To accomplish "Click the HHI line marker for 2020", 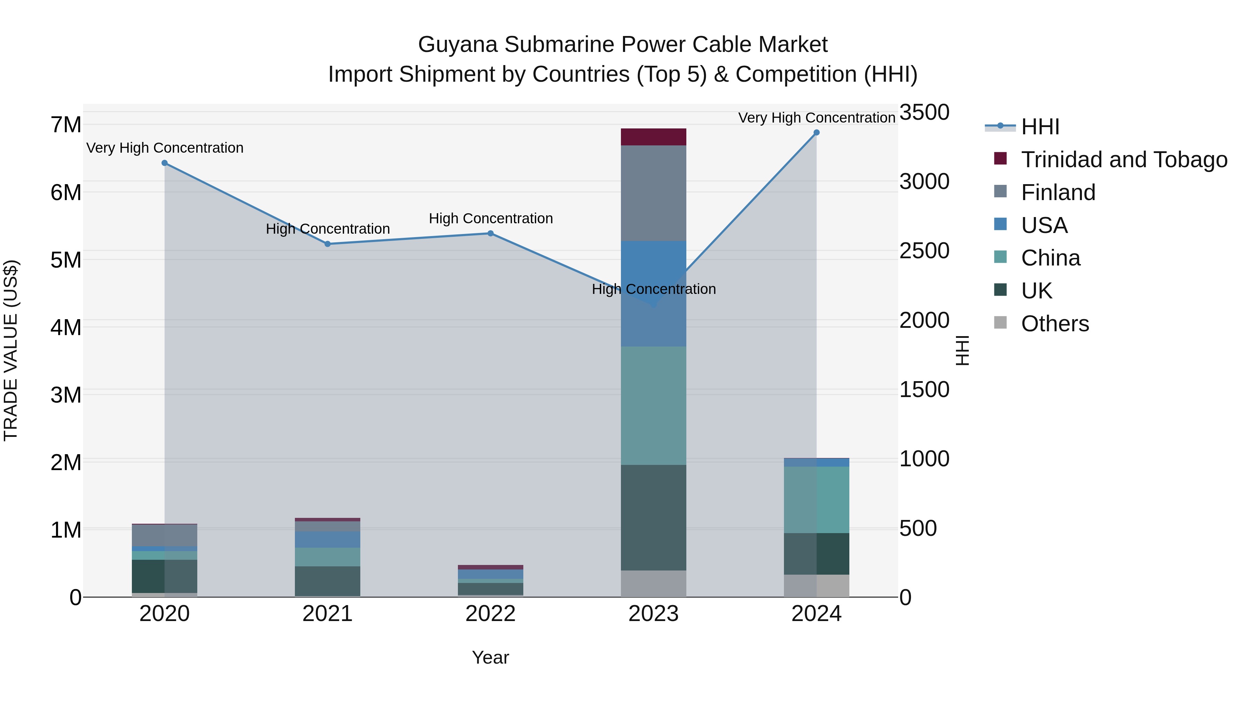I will tap(164, 163).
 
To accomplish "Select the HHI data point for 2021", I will tap(327, 244).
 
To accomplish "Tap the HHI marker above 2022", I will tap(490, 233).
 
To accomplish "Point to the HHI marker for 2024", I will tap(816, 133).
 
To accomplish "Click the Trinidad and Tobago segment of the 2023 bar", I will tap(653, 137).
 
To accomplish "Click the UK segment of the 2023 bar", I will tap(653, 517).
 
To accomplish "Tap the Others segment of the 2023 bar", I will tap(653, 583).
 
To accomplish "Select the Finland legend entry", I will tap(1058, 192).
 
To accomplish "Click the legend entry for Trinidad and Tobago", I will tap(1123, 160).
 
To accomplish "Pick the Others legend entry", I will tap(1055, 324).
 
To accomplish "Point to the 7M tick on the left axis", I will tap(66, 125).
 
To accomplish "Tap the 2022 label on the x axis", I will tap(490, 614).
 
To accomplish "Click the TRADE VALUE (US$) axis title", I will tap(11, 350).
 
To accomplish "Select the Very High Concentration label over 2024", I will tap(816, 118).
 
